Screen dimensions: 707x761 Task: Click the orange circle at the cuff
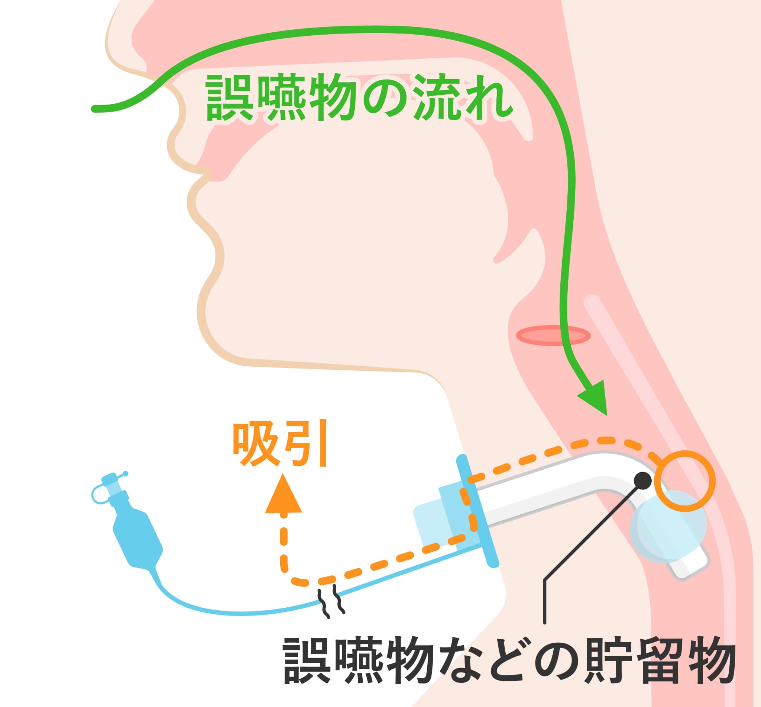[684, 481]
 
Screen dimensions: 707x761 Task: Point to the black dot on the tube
[642, 481]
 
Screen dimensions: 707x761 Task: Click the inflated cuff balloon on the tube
[667, 528]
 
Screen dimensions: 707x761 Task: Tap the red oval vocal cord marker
[553, 335]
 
